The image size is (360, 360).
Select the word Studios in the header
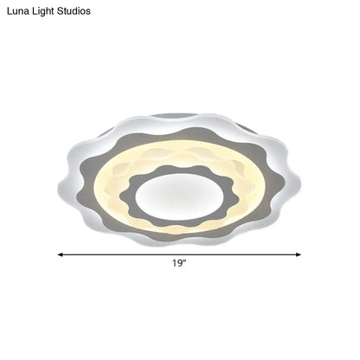74,11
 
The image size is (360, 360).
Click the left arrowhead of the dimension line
60,254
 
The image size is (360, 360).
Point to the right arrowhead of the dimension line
299,254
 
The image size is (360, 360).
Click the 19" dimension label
179,263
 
